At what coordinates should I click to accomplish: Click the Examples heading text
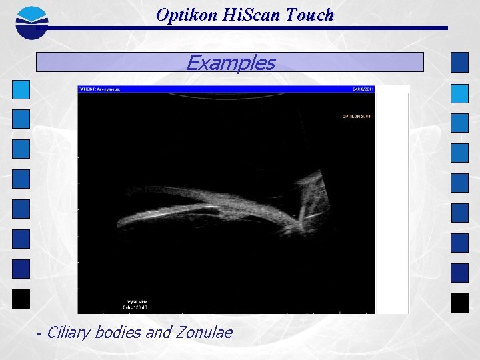[230, 63]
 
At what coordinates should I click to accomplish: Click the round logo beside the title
[32, 21]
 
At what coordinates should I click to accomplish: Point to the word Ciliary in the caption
[69, 332]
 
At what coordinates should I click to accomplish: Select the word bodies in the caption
[119, 332]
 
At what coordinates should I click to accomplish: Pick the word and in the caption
[158, 332]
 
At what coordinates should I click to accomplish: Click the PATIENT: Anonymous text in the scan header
[99, 89]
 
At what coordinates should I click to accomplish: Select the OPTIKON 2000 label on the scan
[356, 117]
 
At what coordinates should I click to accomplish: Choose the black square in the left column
[21, 299]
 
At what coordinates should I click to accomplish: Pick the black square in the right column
[459, 303]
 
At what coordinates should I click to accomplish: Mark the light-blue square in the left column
[21, 89]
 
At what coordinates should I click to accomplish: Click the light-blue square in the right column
[459, 93]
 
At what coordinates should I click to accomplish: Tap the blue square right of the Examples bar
[459, 62]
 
